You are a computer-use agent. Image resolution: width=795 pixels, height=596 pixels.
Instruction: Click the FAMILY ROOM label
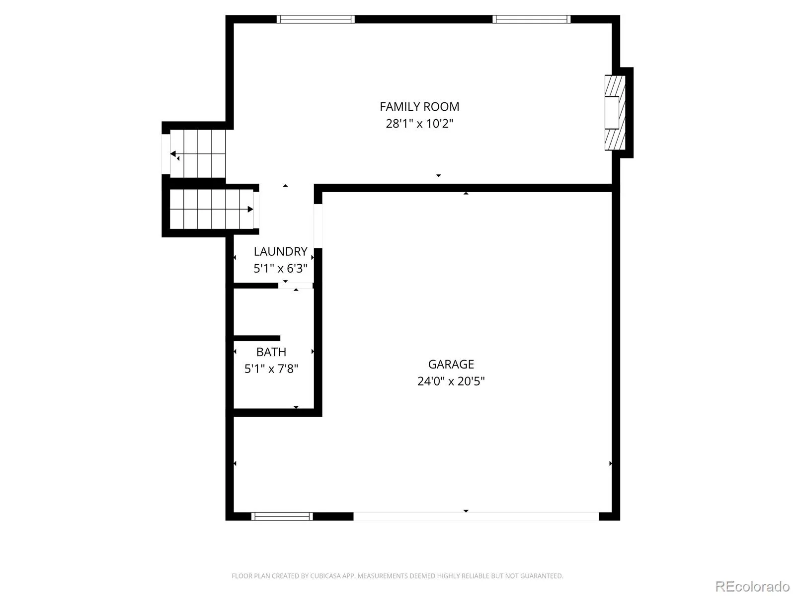[419, 107]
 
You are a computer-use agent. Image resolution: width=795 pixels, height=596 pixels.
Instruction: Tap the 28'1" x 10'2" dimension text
[419, 124]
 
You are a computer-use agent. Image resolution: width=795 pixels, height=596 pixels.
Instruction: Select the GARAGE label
[451, 364]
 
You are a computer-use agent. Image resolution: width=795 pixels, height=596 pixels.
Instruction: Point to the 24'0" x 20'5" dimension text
[451, 381]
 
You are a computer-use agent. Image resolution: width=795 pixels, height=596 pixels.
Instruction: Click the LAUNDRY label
[280, 251]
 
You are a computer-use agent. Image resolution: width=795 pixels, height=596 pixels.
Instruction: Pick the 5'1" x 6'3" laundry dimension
[280, 269]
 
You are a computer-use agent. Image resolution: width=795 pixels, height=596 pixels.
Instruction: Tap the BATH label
[271, 352]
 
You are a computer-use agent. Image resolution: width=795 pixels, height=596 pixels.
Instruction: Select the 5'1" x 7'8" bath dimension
[271, 369]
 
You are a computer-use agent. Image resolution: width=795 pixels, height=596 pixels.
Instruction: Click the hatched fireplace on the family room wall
[615, 113]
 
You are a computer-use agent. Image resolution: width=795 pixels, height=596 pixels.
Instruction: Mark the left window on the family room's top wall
[316, 19]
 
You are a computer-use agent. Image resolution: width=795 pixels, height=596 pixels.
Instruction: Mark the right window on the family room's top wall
[531, 19]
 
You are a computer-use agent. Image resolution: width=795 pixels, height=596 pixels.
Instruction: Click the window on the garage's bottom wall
[282, 517]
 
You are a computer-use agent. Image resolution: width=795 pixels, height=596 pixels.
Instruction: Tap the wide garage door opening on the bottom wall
[477, 517]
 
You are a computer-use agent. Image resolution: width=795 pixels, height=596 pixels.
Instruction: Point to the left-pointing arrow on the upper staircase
[174, 154]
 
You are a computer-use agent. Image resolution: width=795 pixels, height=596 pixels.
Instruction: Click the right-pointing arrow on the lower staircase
[250, 209]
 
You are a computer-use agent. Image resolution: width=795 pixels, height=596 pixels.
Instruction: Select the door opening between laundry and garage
[318, 226]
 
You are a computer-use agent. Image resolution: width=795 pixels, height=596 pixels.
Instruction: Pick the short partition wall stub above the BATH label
[257, 338]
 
